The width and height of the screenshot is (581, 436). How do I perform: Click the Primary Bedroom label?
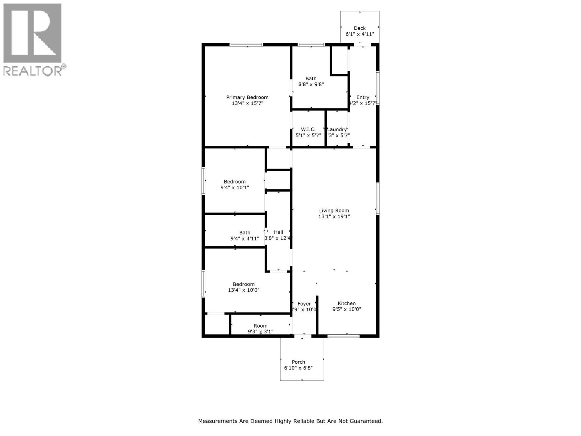247,97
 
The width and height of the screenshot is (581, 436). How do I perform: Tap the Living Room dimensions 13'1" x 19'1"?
334,217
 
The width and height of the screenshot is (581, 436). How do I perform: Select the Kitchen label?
346,303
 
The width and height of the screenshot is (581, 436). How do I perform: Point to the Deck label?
359,28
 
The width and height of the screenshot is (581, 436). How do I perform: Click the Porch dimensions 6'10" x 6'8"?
298,368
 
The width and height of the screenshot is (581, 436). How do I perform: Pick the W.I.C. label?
308,129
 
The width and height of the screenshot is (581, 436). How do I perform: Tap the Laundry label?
337,129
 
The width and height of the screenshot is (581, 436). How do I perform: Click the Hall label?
279,232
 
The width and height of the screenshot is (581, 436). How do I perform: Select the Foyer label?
304,304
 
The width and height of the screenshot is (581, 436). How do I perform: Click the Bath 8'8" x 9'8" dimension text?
311,84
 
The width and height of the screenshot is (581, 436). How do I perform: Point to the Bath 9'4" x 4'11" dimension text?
245,239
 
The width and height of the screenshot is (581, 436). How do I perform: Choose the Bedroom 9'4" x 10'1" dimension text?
235,187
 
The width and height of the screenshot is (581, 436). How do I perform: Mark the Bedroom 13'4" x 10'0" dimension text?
244,290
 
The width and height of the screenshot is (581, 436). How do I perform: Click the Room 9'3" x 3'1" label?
260,326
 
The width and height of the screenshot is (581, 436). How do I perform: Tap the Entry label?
362,97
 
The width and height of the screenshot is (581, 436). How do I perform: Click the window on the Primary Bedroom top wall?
246,45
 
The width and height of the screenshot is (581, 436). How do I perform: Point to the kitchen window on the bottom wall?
343,336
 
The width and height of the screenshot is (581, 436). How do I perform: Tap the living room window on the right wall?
378,198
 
